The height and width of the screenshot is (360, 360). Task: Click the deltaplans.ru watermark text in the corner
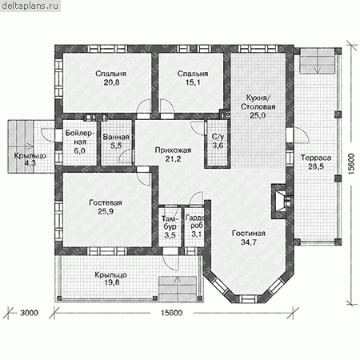[30, 6]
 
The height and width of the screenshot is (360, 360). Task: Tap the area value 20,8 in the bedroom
[112, 82]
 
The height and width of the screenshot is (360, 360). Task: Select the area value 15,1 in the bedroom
[193, 82]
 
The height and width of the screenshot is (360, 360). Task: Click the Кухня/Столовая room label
[258, 102]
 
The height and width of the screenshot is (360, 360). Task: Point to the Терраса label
[316, 158]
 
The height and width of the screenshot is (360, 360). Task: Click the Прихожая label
[173, 150]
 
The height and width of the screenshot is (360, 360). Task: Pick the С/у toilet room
[218, 144]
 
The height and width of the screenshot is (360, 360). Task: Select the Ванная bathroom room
[116, 142]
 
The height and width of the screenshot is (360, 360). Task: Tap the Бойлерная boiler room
[79, 142]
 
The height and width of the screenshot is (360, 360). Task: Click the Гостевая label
[106, 203]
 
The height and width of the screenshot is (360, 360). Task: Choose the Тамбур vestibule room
[170, 227]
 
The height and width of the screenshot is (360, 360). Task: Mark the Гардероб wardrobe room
[194, 227]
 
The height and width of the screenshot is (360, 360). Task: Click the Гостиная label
[249, 234]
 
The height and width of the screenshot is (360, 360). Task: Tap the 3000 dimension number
[30, 313]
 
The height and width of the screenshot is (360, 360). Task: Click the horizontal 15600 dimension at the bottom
[172, 313]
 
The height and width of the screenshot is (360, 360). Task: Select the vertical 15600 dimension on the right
[351, 164]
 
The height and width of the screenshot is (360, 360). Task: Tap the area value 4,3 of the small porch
[30, 163]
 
